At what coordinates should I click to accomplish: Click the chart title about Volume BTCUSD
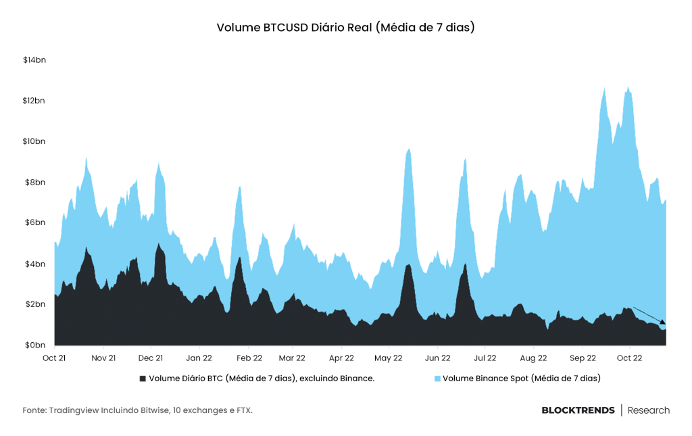[345, 27]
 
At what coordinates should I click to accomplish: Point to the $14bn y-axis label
[34, 60]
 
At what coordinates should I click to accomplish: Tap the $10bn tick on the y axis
[34, 141]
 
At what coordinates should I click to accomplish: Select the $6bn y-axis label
[34, 222]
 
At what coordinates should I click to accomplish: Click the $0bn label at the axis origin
[34, 345]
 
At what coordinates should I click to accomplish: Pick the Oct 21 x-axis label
[54, 358]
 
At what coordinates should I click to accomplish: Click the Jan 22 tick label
[199, 358]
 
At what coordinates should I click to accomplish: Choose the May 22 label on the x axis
[389, 358]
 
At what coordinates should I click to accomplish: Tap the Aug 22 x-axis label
[534, 358]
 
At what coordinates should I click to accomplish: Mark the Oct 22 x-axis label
[629, 358]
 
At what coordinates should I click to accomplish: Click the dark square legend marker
[143, 379]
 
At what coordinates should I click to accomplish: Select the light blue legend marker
[437, 379]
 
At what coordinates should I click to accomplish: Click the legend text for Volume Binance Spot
[522, 378]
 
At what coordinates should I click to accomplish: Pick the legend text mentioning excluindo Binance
[262, 378]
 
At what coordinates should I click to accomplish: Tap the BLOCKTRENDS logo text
[578, 410]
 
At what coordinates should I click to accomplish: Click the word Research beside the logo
[649, 410]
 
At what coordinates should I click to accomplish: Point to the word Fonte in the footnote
[34, 410]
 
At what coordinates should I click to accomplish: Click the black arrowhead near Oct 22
[663, 322]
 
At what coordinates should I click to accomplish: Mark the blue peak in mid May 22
[409, 149]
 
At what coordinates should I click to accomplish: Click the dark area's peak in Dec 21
[158, 243]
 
